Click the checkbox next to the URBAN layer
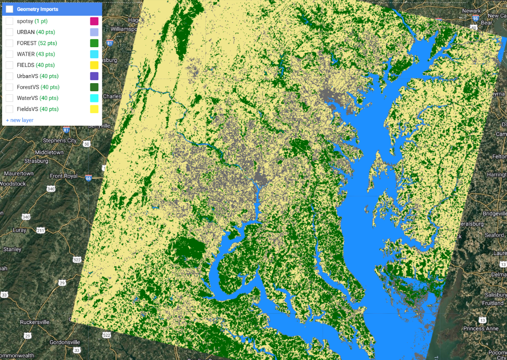pos(9,32)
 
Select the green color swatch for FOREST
pos(94,43)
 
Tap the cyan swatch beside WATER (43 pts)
pos(94,54)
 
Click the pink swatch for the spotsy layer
pos(94,21)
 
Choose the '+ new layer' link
pos(20,120)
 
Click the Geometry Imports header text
pos(38,9)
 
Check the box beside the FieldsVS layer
pos(9,109)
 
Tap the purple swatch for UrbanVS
pos(94,76)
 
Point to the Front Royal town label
pos(63,176)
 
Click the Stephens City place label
pos(60,140)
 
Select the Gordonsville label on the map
pos(65,342)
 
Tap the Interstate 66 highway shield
pos(88,178)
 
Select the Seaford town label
pos(494,235)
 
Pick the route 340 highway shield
pos(51,189)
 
